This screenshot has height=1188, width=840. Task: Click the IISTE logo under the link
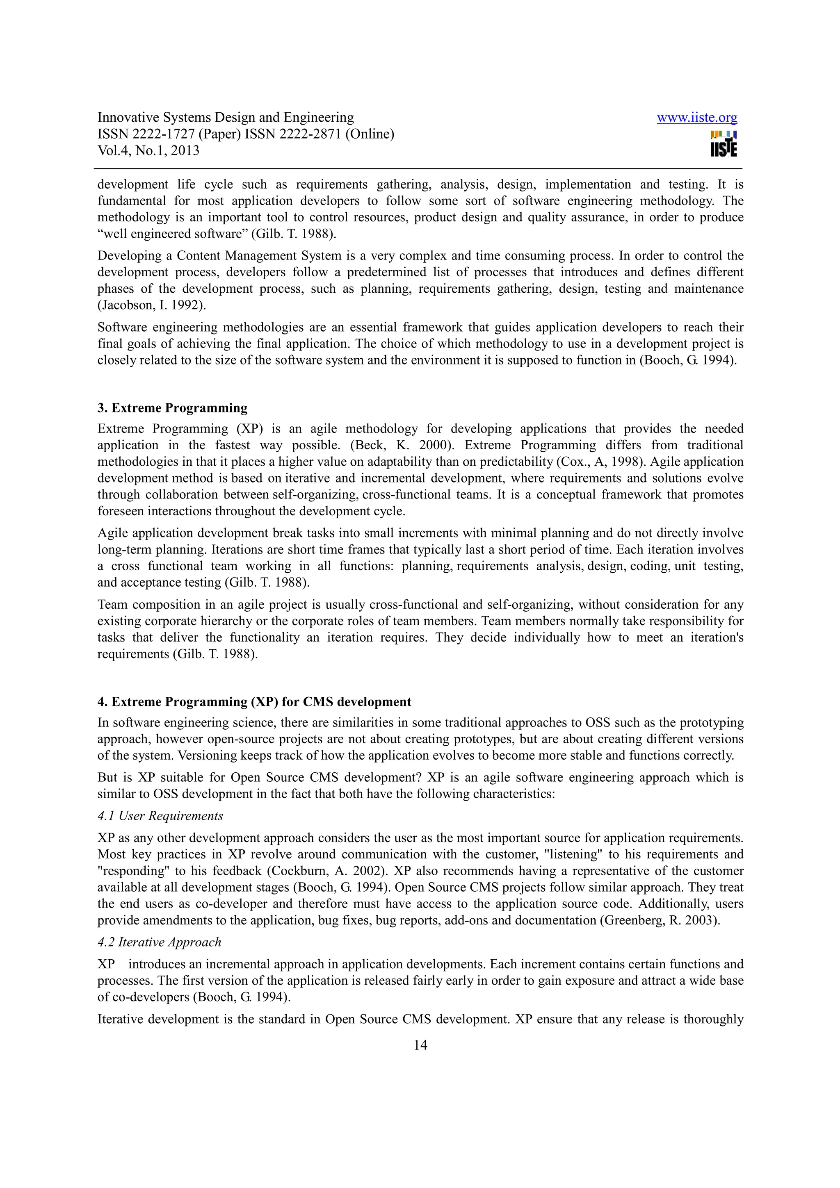[x=724, y=144]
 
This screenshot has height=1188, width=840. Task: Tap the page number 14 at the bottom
[x=420, y=1045]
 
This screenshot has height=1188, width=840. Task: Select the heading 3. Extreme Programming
[x=172, y=408]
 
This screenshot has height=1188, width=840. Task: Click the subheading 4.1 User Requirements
[x=160, y=815]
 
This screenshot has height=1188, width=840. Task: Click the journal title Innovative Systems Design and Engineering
[x=226, y=118]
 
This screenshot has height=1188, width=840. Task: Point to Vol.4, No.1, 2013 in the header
[x=148, y=150]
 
